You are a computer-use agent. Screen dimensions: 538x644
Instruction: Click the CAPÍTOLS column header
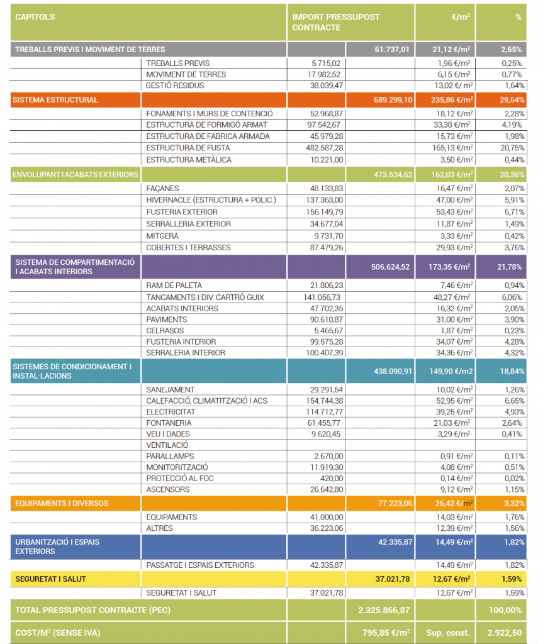[35, 17]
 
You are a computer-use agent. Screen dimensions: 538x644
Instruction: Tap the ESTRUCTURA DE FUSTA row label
[188, 148]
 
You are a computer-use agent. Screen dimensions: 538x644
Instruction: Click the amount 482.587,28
[324, 148]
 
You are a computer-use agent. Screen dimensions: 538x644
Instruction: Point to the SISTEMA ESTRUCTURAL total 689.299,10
[393, 100]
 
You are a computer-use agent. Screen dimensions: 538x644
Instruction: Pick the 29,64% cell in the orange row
[512, 100]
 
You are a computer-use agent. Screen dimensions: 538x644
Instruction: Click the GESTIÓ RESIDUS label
[175, 86]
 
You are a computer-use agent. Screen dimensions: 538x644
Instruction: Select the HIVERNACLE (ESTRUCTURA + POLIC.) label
[211, 200]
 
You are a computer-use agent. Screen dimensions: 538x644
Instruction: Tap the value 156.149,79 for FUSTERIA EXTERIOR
[324, 212]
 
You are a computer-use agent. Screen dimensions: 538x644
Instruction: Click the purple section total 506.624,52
[390, 267]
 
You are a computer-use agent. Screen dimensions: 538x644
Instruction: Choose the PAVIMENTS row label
[167, 319]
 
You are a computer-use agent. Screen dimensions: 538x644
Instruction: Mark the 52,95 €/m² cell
[454, 401]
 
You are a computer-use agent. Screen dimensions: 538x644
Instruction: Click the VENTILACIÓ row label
[167, 445]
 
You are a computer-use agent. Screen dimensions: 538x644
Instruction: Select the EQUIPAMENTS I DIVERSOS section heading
[62, 504]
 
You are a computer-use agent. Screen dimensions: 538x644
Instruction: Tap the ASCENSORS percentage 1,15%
[514, 489]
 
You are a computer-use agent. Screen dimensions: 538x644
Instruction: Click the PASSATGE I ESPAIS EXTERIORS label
[199, 565]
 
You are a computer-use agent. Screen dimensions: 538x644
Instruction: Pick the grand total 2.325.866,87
[384, 610]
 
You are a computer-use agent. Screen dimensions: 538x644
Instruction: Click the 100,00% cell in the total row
[505, 610]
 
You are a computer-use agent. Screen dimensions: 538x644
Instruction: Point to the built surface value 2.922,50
[505, 633]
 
